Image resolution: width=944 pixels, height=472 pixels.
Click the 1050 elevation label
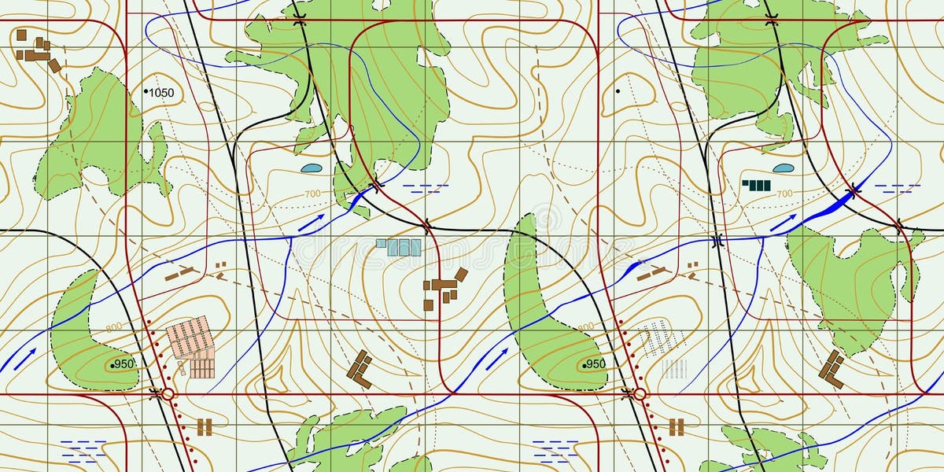pyautogui.click(x=162, y=93)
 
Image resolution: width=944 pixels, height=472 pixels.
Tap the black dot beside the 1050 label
pyautogui.click(x=146, y=92)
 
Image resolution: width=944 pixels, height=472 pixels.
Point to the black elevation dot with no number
pyautogui.click(x=618, y=91)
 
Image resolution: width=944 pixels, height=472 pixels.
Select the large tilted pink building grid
pyautogui.click(x=190, y=336)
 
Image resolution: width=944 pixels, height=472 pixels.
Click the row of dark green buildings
pyautogui.click(x=757, y=186)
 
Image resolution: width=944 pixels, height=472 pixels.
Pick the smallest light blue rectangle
pyautogui.click(x=381, y=243)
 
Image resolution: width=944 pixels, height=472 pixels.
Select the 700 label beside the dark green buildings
pyautogui.click(x=784, y=194)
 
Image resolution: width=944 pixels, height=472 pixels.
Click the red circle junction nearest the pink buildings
pyautogui.click(x=168, y=393)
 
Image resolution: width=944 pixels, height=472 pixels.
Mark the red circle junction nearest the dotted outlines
pyautogui.click(x=640, y=393)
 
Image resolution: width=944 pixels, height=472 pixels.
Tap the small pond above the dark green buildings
pyautogui.click(x=783, y=168)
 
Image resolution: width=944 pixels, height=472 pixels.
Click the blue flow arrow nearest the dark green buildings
pyautogui.click(x=783, y=223)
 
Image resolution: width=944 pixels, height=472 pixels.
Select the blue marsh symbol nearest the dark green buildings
pyautogui.click(x=897, y=189)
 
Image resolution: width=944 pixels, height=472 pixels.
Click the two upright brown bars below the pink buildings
pyautogui.click(x=205, y=427)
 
